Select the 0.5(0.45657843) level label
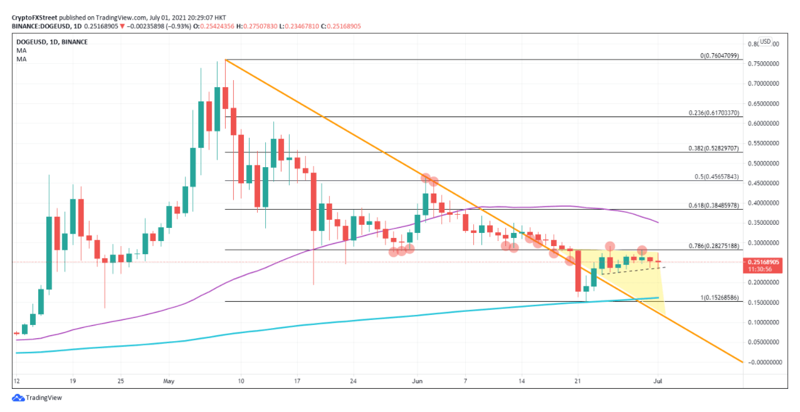click(x=716, y=177)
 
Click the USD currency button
click(x=765, y=42)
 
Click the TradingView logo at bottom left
click(x=37, y=398)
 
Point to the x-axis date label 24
click(x=354, y=380)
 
